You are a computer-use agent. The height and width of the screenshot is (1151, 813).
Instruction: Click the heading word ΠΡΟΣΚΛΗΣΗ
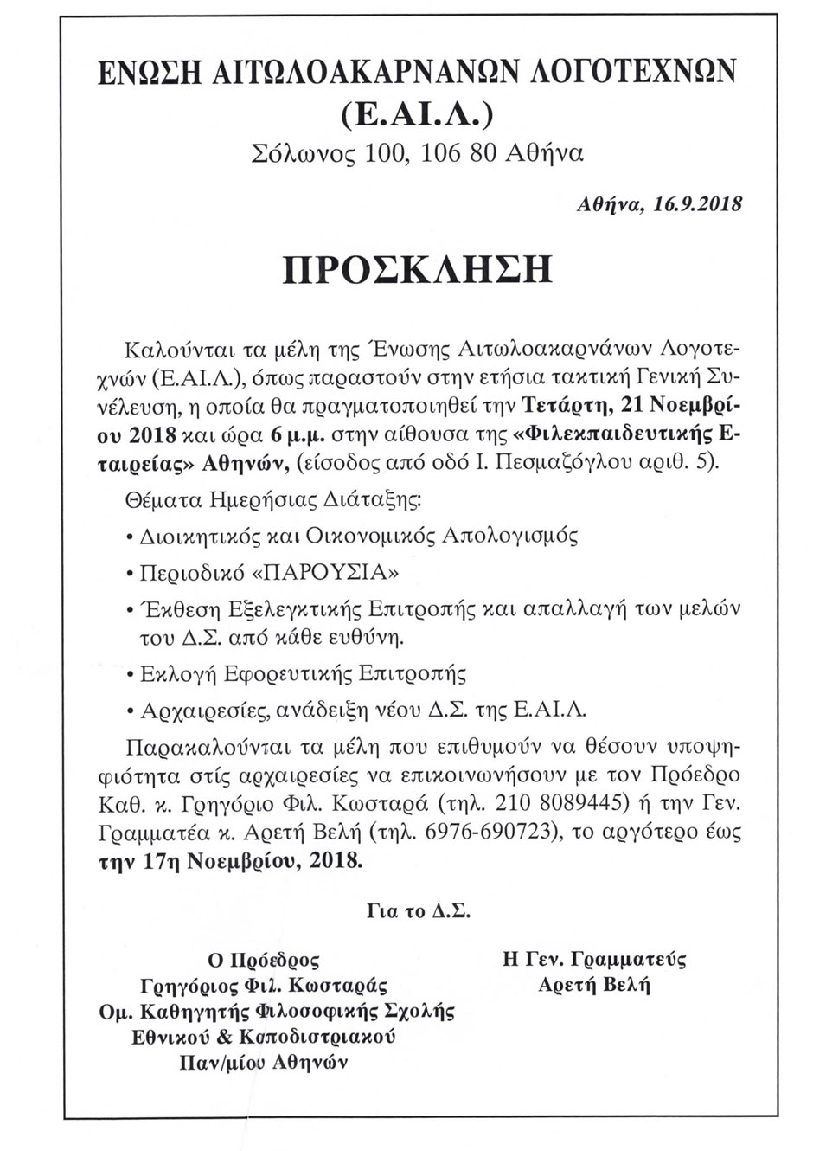coord(417,270)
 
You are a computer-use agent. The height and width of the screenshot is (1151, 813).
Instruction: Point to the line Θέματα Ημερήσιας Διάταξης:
coord(274,499)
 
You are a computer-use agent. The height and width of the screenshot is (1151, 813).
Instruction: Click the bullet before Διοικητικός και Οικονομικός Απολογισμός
coord(129,537)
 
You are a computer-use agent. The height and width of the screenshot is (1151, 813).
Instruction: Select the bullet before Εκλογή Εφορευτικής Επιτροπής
coord(129,673)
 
